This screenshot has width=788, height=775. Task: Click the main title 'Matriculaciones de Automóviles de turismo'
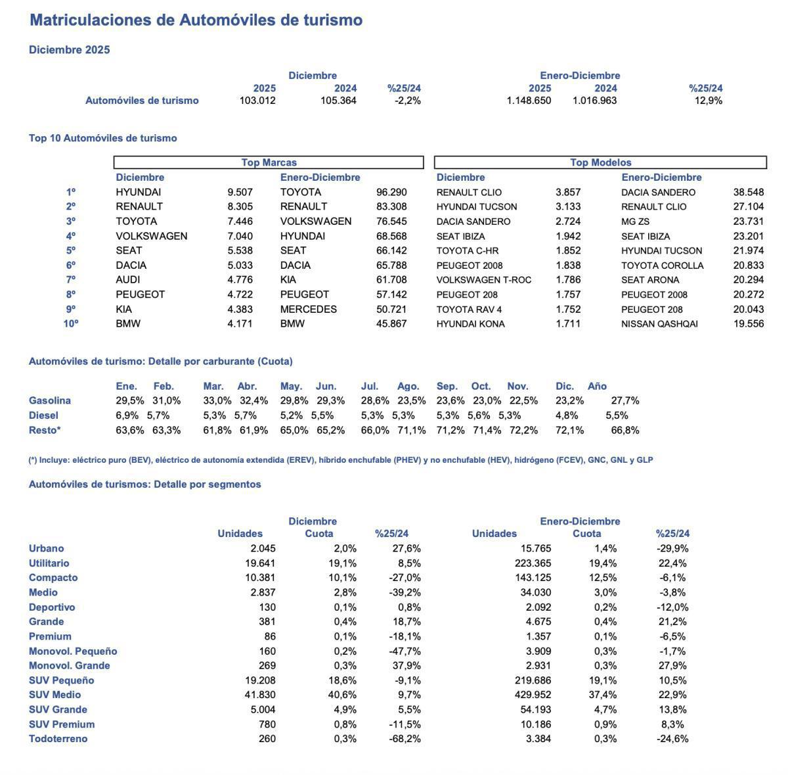pyautogui.click(x=196, y=20)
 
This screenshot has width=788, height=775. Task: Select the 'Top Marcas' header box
pyautogui.click(x=269, y=162)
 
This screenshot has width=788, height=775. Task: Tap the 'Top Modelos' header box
pyautogui.click(x=600, y=162)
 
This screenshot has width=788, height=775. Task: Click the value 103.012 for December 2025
pyautogui.click(x=257, y=101)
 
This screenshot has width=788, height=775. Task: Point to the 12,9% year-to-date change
pyautogui.click(x=709, y=101)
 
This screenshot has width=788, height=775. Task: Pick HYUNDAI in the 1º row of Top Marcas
pyautogui.click(x=138, y=192)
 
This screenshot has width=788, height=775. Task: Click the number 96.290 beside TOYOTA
pyautogui.click(x=391, y=192)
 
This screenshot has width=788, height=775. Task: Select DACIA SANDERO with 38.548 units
pyautogui.click(x=658, y=193)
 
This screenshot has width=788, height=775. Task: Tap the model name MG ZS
pyautogui.click(x=635, y=222)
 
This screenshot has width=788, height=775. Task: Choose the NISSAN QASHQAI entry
pyautogui.click(x=659, y=324)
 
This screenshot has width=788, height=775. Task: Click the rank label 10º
pyautogui.click(x=70, y=323)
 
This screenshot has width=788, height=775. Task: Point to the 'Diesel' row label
pyautogui.click(x=43, y=415)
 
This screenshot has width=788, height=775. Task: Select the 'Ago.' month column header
pyautogui.click(x=408, y=387)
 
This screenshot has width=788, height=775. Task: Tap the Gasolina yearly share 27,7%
pyautogui.click(x=624, y=400)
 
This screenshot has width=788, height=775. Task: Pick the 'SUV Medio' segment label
pyautogui.click(x=55, y=695)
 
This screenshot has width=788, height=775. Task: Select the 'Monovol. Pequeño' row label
pyautogui.click(x=73, y=651)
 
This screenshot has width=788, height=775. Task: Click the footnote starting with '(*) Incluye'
pyautogui.click(x=341, y=460)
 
